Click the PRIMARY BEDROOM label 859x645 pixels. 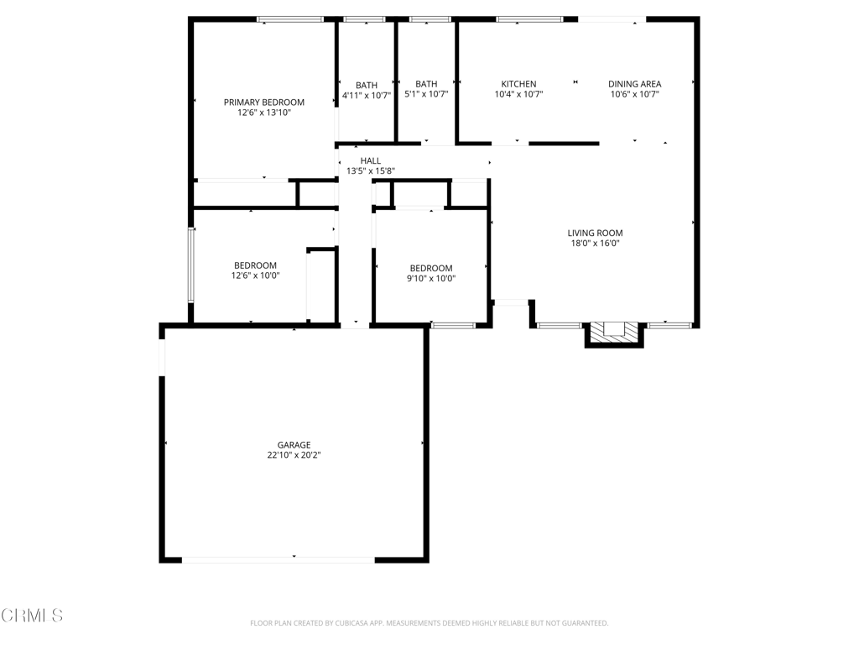pyautogui.click(x=263, y=102)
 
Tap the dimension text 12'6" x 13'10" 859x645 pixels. pyautogui.click(x=263, y=112)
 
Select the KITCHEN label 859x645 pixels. pyautogui.click(x=518, y=84)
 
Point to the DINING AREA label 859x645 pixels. pyautogui.click(x=634, y=84)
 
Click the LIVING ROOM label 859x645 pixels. pyautogui.click(x=595, y=233)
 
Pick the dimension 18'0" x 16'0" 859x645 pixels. pyautogui.click(x=595, y=244)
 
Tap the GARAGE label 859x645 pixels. pyautogui.click(x=294, y=445)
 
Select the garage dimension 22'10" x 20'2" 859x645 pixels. pyautogui.click(x=294, y=455)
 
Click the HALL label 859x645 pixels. pyautogui.click(x=370, y=160)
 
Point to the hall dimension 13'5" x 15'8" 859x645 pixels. pyautogui.click(x=370, y=170)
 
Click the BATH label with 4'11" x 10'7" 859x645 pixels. pyautogui.click(x=367, y=85)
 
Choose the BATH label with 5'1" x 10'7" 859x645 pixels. pyautogui.click(x=426, y=84)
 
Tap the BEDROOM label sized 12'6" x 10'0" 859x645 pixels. pyautogui.click(x=255, y=265)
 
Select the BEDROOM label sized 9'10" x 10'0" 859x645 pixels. pyautogui.click(x=431, y=268)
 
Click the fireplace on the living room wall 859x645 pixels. pyautogui.click(x=614, y=333)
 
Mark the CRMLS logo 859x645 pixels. pyautogui.click(x=32, y=616)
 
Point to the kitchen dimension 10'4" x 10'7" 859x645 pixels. pyautogui.click(x=518, y=94)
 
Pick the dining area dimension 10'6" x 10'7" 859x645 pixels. pyautogui.click(x=634, y=94)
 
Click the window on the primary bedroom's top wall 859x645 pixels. pyautogui.click(x=290, y=19)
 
